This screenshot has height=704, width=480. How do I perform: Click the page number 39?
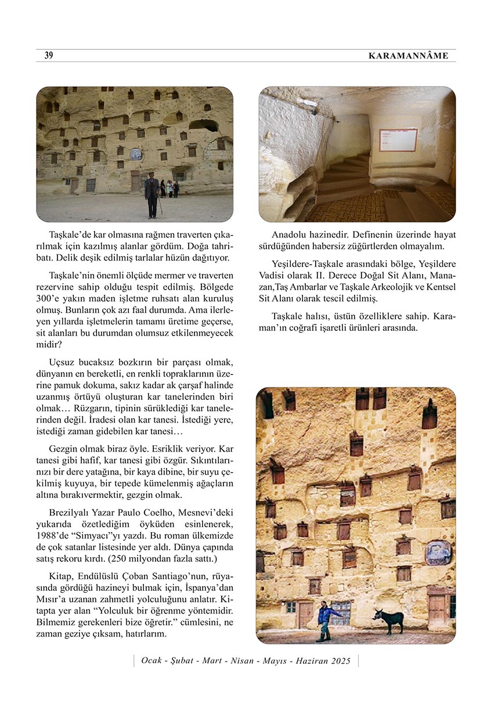pos(49,56)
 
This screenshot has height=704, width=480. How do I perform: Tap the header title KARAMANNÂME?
pos(409,56)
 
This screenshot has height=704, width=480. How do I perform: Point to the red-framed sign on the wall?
pos(398,140)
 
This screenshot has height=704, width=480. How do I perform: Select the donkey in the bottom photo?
pos(389,620)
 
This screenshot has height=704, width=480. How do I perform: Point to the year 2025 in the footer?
pos(341,660)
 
